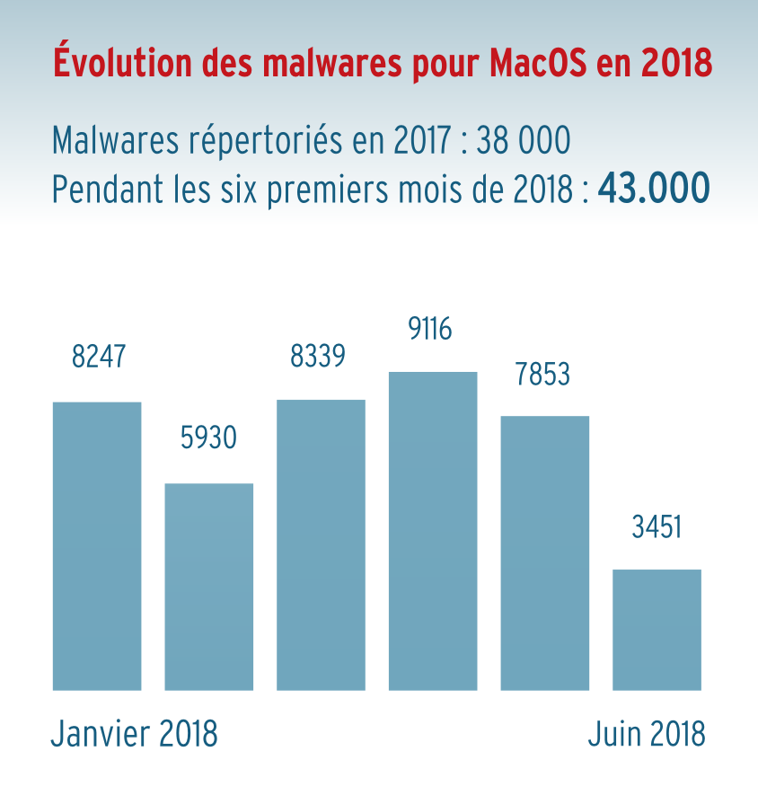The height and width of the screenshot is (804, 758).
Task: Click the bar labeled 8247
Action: pyautogui.click(x=97, y=545)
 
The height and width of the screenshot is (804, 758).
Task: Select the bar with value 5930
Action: pyautogui.click(x=208, y=587)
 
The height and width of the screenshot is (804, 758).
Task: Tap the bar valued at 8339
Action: pyautogui.click(x=321, y=544)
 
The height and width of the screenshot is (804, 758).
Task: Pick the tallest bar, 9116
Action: pyautogui.click(x=433, y=530)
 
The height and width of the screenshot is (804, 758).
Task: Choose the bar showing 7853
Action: pyautogui.click(x=544, y=552)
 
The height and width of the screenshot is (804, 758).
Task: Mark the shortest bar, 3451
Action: pyautogui.click(x=657, y=629)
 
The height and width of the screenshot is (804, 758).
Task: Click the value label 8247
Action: pyautogui.click(x=98, y=357)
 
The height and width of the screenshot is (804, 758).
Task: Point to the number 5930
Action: pyautogui.click(x=208, y=438)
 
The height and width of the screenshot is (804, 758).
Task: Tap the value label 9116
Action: pyautogui.click(x=430, y=331)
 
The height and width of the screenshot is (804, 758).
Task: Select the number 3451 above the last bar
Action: pyautogui.click(x=657, y=526)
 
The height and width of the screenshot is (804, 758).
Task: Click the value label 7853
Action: pyautogui.click(x=542, y=374)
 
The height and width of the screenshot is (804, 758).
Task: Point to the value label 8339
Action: pyautogui.click(x=317, y=357)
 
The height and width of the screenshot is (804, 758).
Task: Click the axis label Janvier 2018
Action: pyautogui.click(x=134, y=734)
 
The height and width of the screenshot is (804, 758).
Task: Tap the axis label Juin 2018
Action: pyautogui.click(x=647, y=734)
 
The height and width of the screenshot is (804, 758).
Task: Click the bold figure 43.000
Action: pyautogui.click(x=654, y=189)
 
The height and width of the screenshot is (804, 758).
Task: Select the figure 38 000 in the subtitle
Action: pyautogui.click(x=524, y=141)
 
